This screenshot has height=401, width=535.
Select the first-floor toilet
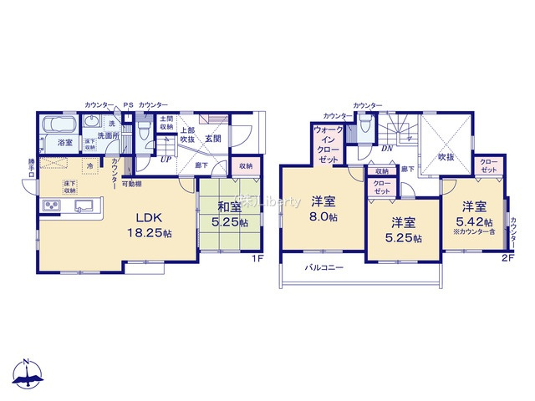pyautogui.click(x=144, y=130)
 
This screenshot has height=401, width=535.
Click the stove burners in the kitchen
pyautogui.click(x=50, y=206)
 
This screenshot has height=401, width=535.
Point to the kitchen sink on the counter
pyautogui.click(x=84, y=206)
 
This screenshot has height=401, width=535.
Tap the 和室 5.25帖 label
pyautogui.click(x=229, y=216)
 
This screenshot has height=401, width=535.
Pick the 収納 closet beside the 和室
pyautogui.click(x=244, y=165)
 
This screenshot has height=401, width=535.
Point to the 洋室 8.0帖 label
pyautogui.click(x=324, y=208)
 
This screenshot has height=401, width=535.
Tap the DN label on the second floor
pyautogui.click(x=386, y=149)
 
